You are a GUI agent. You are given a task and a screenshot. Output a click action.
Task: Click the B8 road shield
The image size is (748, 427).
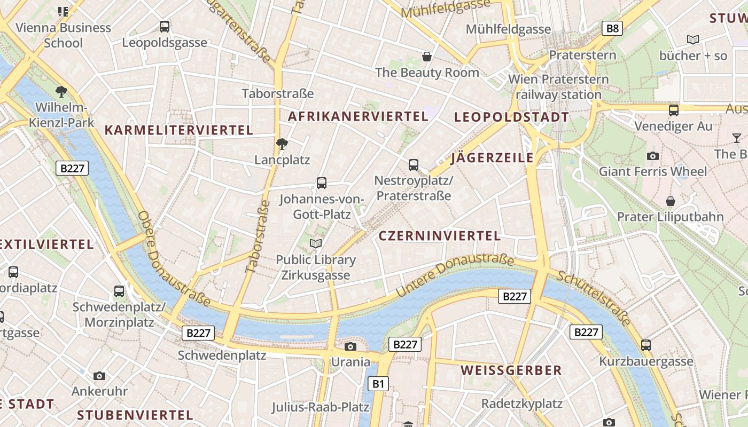coord(612,28)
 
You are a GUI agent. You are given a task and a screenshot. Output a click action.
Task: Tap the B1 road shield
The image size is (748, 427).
coord(378,383)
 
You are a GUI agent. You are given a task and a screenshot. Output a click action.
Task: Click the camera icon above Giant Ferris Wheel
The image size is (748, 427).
coord(652,156)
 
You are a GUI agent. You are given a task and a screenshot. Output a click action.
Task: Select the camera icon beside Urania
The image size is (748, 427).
coord(350,347)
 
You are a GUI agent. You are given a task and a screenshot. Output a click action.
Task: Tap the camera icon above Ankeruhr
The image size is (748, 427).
coord(99,376)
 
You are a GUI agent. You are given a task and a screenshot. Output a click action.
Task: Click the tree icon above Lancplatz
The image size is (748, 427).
coord(282,144)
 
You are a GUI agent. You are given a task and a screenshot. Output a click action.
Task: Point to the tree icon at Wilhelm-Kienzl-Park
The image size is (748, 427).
coord(61,91)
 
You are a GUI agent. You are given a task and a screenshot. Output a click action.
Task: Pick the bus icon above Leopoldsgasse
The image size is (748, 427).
coord(165,26)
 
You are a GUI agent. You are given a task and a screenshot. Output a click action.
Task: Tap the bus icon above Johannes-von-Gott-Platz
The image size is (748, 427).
coord(322,183)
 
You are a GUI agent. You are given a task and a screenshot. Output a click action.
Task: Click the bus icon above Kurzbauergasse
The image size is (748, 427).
coord(646,345)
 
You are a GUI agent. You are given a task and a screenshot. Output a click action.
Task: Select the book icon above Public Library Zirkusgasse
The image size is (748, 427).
coord(316,244)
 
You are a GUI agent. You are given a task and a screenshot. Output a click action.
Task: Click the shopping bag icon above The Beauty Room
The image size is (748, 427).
coord(427,57)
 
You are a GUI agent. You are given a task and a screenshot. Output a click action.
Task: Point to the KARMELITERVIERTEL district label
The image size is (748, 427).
coord(178,130)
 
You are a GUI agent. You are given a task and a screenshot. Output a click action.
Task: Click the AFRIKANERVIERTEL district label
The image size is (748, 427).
coord(358,116)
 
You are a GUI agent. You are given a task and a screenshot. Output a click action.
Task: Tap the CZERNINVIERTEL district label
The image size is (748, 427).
coord(439,235)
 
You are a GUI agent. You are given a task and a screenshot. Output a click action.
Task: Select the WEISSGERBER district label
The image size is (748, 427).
coord(511,370)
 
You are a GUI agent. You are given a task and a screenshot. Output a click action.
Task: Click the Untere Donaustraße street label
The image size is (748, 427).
coord(455,276)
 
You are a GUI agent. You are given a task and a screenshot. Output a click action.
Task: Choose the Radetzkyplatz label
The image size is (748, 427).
coord(522,403)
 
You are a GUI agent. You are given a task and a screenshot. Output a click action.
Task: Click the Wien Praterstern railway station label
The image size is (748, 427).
coord(558,87)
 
